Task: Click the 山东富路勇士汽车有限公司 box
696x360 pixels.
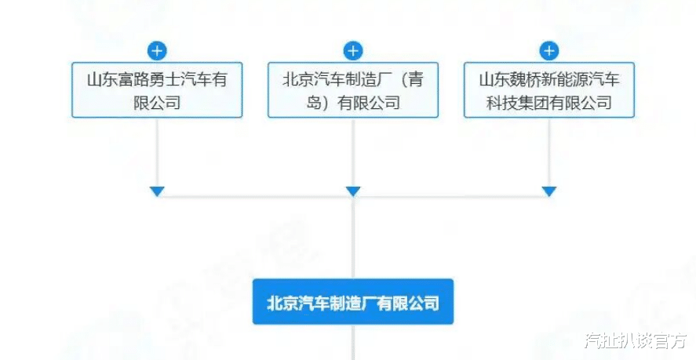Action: pyautogui.click(x=157, y=90)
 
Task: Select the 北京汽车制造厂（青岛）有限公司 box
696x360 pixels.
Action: pyautogui.click(x=353, y=90)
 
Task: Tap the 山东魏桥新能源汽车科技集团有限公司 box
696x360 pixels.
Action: pyautogui.click(x=549, y=90)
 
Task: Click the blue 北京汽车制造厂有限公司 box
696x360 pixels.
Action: pyautogui.click(x=353, y=302)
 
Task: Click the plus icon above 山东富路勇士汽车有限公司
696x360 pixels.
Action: pyautogui.click(x=157, y=52)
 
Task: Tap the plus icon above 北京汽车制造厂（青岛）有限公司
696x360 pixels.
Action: pyautogui.click(x=353, y=52)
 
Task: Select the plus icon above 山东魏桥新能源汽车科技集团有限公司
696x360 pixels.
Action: pyautogui.click(x=549, y=52)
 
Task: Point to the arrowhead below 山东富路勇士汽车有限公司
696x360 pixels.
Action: pyautogui.click(x=157, y=191)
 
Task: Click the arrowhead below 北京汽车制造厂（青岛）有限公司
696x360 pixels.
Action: pyautogui.click(x=353, y=191)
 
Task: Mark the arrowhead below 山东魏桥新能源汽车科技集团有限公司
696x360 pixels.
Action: pyautogui.click(x=549, y=191)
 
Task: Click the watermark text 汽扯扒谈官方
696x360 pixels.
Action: pyautogui.click(x=635, y=341)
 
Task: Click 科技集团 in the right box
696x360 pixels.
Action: pyautogui.click(x=523, y=102)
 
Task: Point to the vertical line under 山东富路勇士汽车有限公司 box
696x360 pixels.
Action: pyautogui.click(x=157, y=153)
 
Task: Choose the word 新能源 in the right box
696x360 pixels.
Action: pyautogui.click(x=572, y=79)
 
